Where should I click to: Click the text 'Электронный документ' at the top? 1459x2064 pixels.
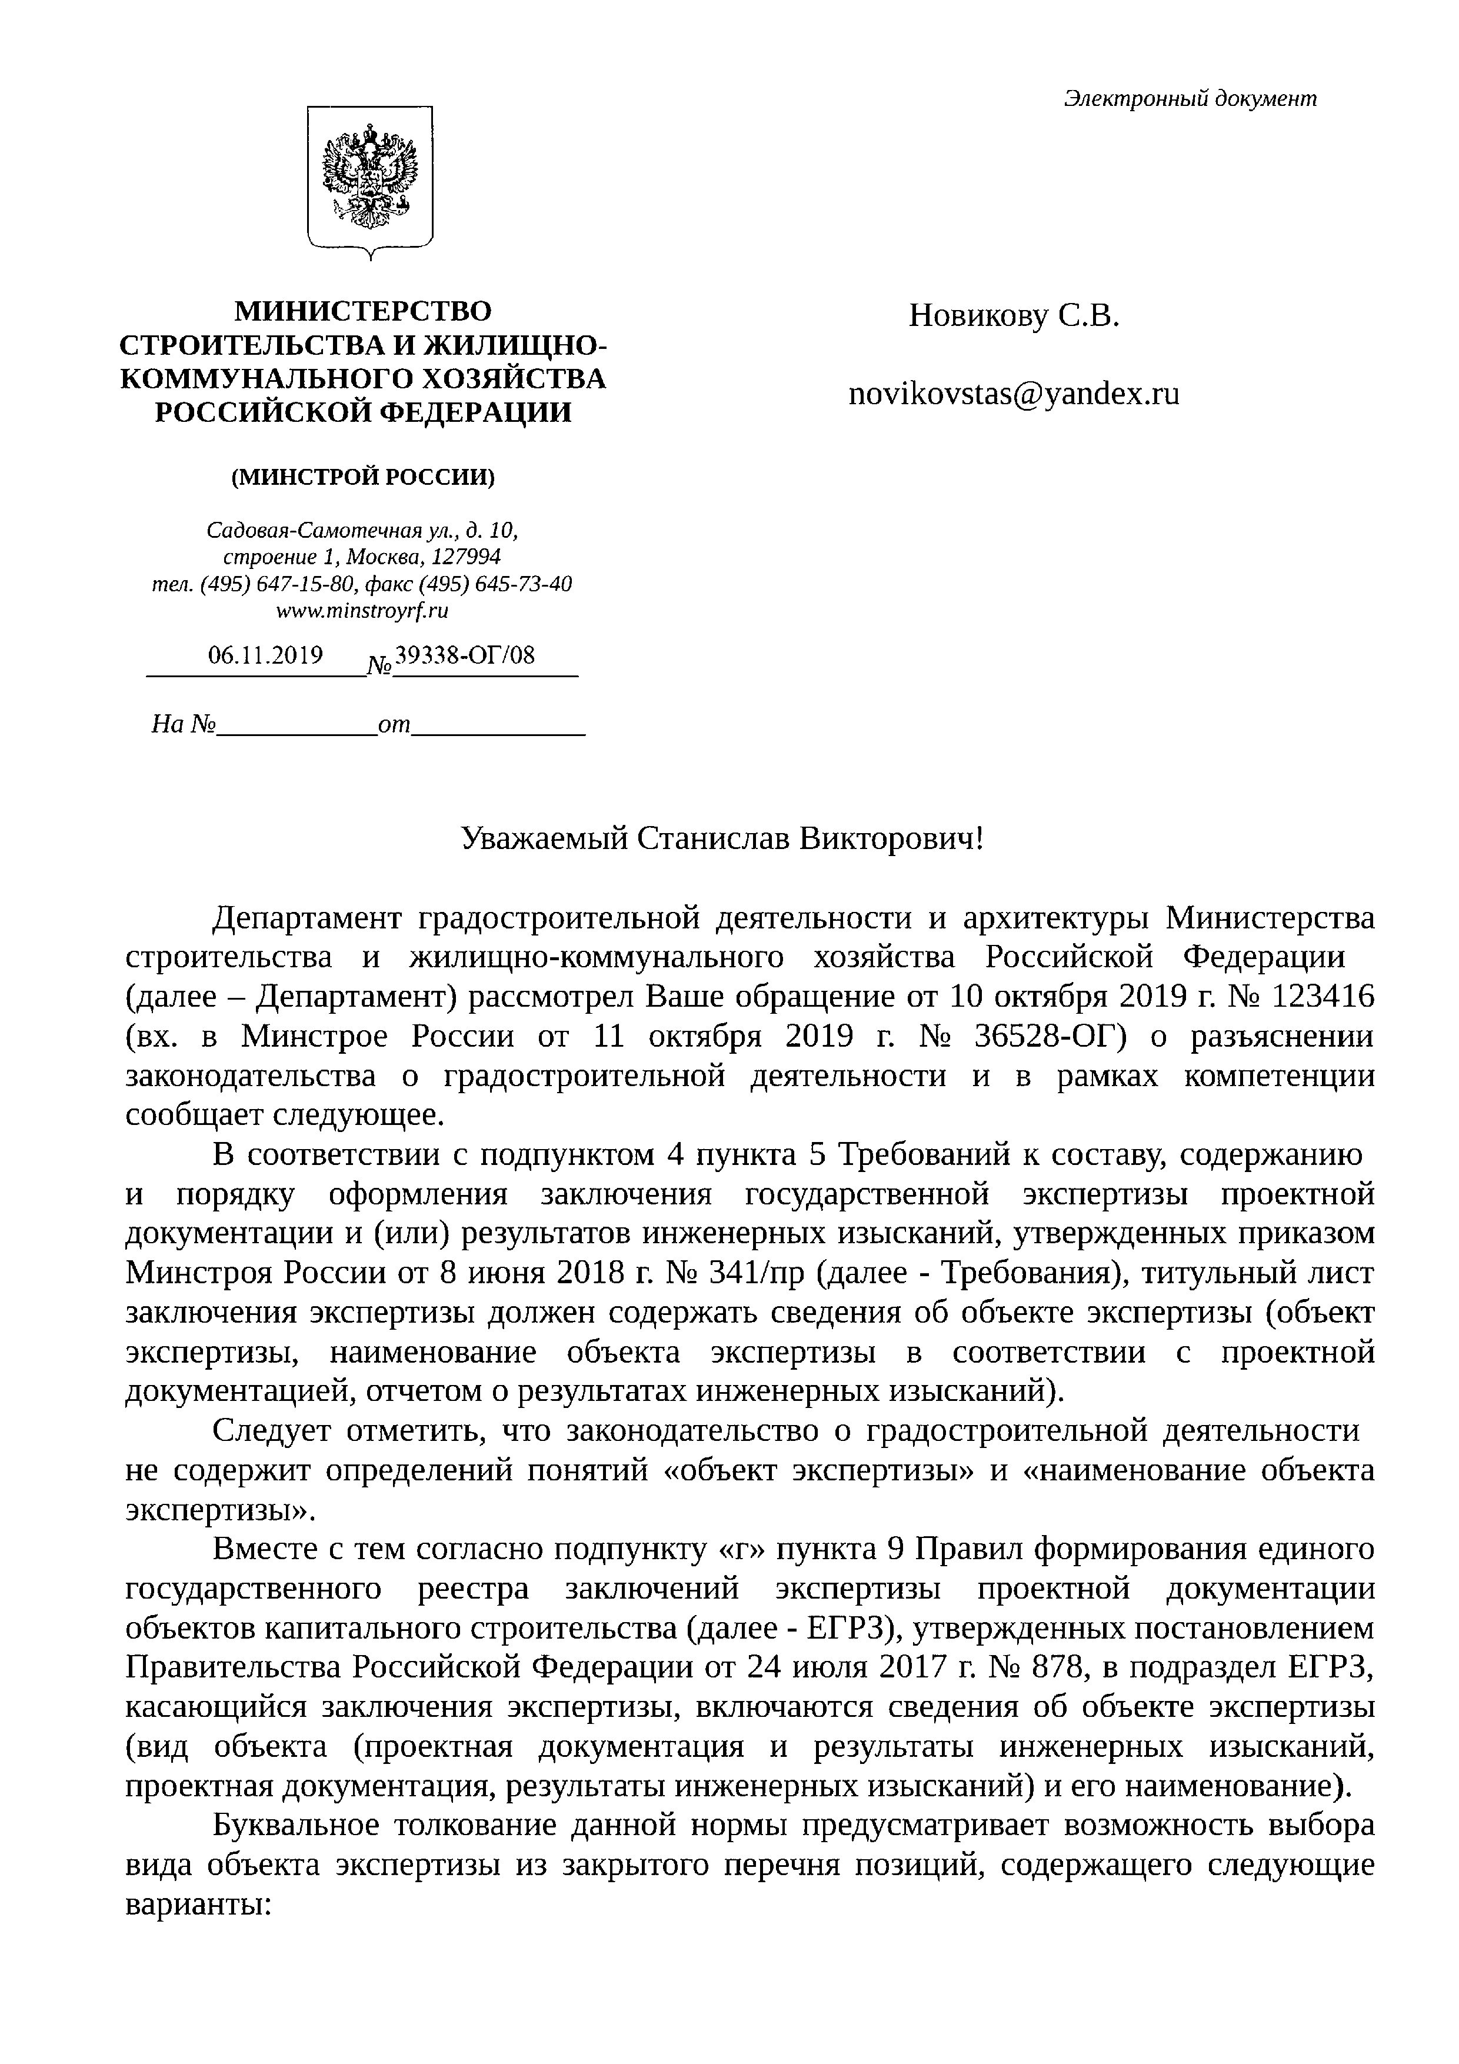pos(1190,99)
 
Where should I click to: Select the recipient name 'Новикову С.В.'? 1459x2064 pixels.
pos(1014,315)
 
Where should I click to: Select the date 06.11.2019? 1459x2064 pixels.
pos(265,655)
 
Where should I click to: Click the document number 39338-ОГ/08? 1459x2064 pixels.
pos(465,655)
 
